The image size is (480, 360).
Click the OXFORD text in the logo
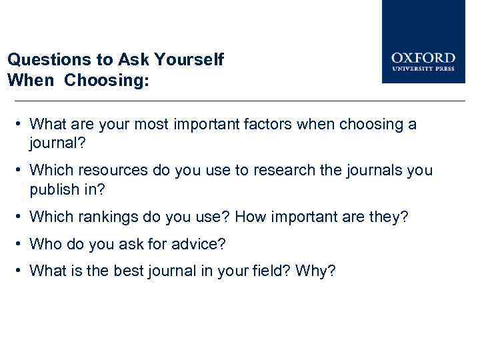coord(423,58)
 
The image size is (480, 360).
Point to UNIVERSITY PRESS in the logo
coord(423,69)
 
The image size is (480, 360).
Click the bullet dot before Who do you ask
coord(21,244)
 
